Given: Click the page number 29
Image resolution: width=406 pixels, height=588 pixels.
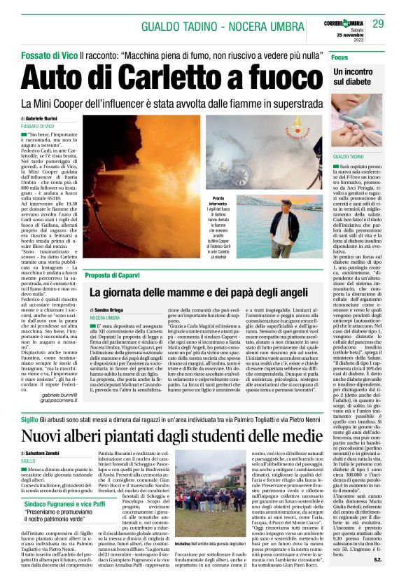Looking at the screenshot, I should (x=378, y=24).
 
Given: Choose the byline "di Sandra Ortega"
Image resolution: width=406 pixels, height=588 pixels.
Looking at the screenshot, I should (x=113, y=309).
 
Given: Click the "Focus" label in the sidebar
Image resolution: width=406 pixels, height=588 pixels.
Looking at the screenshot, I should (x=340, y=56).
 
